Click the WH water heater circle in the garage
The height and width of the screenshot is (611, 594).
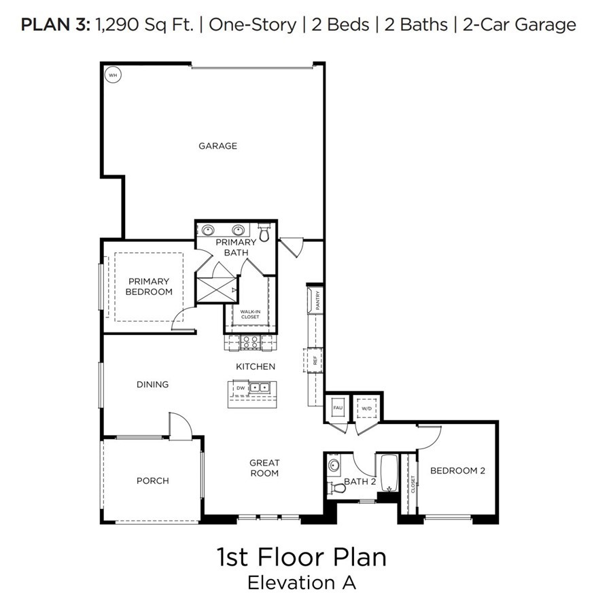[x=113, y=75]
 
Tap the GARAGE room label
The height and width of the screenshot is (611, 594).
[x=217, y=145]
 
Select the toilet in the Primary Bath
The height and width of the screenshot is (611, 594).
[x=265, y=233]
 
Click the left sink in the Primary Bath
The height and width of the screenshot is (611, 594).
[x=209, y=230]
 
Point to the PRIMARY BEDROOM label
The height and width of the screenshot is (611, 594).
[x=149, y=286]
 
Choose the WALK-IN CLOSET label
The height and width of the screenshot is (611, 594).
[x=250, y=314]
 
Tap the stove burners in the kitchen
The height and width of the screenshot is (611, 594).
[x=250, y=343]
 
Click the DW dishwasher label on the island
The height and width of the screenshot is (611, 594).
[x=240, y=388]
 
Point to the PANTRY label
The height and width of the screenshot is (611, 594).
[x=317, y=300]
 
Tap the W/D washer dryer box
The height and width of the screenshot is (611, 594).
[x=366, y=408]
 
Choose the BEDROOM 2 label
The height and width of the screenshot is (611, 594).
[x=457, y=470]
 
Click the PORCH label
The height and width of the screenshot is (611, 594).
[x=152, y=481]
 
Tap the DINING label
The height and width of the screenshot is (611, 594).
[x=152, y=384]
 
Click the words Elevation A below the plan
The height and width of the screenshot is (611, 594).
[x=301, y=582]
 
